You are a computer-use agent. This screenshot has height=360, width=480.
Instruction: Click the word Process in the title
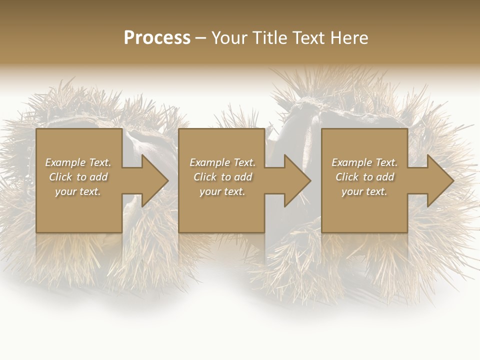[157, 37]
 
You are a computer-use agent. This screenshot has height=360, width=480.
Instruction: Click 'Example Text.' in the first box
[78, 162]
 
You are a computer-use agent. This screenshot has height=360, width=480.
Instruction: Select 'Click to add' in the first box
[78, 177]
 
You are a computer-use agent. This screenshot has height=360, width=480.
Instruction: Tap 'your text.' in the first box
[78, 191]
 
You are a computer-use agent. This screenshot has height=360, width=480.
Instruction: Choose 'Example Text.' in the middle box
[222, 162]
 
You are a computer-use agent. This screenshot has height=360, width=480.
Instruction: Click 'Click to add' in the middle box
[222, 177]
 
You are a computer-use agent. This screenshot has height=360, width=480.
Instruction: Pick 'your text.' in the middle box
[222, 191]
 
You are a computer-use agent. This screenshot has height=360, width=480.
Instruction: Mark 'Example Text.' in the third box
[364, 162]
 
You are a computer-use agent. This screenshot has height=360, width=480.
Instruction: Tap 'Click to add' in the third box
[364, 177]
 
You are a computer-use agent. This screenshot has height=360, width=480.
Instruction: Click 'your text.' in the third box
[364, 191]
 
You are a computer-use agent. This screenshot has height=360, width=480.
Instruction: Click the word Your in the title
[229, 38]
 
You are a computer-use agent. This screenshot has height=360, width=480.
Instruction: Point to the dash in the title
[200, 38]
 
